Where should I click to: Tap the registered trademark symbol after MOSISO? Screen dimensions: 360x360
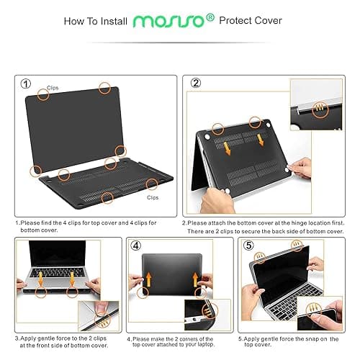[210, 18]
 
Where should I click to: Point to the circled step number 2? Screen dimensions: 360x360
[196, 83]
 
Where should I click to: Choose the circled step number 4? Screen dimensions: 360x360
[135, 244]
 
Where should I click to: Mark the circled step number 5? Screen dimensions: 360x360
[248, 244]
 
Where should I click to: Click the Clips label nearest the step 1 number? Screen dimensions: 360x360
[53, 88]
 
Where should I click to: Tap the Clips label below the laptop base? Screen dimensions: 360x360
[153, 197]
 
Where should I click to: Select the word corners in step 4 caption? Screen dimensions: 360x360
[191, 338]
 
